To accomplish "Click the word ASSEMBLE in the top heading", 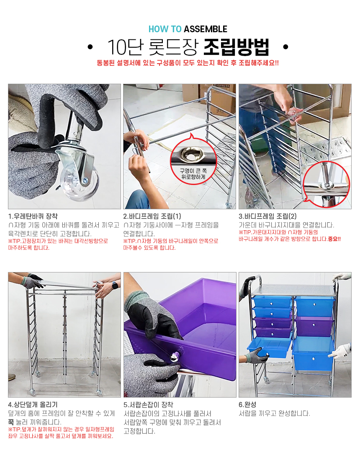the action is (x=206, y=29).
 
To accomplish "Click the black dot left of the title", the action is (x=90, y=47).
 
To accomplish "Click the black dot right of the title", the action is (x=285, y=47).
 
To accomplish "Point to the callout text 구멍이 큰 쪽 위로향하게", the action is (x=193, y=174).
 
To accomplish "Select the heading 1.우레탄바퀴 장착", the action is (x=33, y=216).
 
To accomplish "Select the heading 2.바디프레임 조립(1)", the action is (x=152, y=216).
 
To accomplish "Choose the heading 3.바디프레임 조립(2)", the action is (x=267, y=216).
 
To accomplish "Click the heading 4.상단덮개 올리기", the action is (x=33, y=405).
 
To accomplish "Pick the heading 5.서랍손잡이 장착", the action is (x=149, y=405).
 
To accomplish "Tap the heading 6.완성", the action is (x=247, y=405).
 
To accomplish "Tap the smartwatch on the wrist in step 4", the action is (x=115, y=285).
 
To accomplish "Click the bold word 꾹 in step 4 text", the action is (x=10, y=422).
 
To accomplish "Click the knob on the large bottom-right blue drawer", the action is (x=313, y=359).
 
